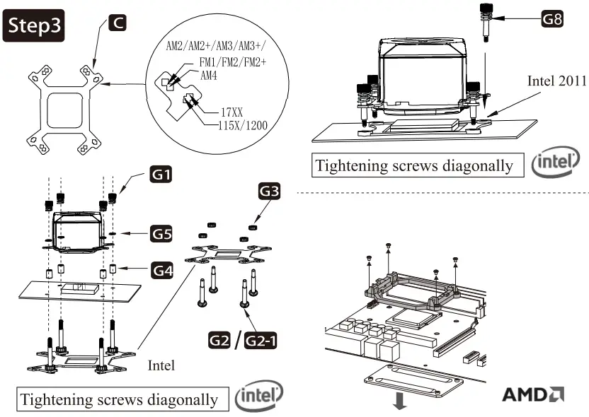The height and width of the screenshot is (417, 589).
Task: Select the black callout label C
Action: (x=118, y=23)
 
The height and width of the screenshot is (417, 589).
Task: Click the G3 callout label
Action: (x=270, y=191)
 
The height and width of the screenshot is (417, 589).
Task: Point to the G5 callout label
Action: (x=160, y=232)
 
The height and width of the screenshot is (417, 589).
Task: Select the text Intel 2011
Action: (x=556, y=81)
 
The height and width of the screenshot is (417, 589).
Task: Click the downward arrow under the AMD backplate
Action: (x=400, y=403)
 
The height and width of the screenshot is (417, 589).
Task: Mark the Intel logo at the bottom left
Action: (x=258, y=397)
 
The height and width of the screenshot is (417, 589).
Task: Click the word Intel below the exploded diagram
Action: (x=161, y=367)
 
